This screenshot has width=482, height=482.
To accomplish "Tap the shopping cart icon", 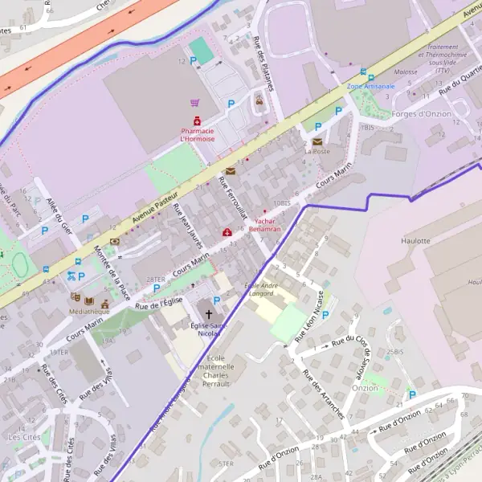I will point(195,103).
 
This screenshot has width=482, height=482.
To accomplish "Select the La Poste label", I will point(317,151).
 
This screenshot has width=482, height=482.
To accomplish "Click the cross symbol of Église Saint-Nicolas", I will point(210,314).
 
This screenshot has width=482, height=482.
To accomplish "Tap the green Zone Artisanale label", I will point(370,85).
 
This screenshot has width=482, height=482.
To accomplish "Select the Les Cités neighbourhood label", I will point(23,437).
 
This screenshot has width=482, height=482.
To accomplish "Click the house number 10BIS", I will point(282,202).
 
